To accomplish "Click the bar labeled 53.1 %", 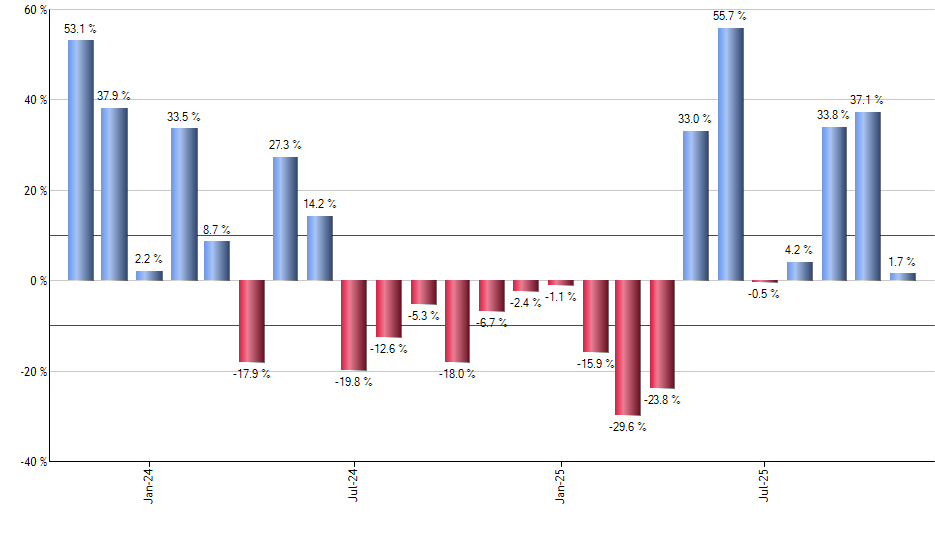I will pos(81,160).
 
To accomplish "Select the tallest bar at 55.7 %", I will pos(730,154).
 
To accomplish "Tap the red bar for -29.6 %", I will pos(628,347).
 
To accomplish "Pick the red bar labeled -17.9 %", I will pos(251,321).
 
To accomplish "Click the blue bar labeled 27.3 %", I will pos(285,219).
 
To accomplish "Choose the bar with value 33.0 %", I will pos(696,206).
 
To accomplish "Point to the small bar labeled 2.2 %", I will pos(149,275).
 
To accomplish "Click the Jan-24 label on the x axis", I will pos(149,486).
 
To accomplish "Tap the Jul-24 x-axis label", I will pos(354,486).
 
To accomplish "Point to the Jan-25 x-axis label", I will pos(560,486).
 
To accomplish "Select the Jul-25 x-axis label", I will pos(765,486).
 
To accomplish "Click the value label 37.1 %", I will pos(867,100).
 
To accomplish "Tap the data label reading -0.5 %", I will pos(765,294).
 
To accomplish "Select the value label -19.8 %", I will pos(354,382).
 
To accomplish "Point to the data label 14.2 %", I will pos(320,205).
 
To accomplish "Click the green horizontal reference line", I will pos(497,236).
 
